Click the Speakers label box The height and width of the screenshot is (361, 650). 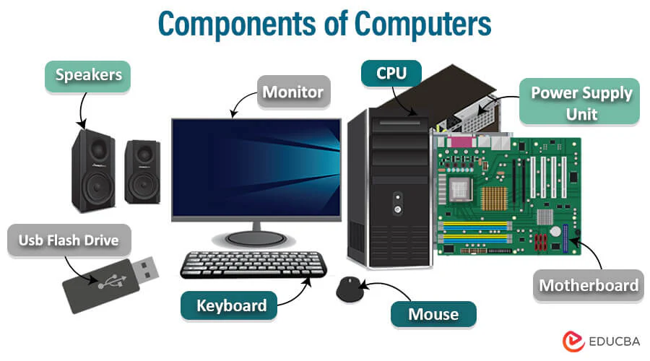(x=87, y=77)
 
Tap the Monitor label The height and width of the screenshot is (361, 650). (x=293, y=92)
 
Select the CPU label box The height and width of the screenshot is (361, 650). (x=391, y=74)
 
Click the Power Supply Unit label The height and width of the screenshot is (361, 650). (x=579, y=102)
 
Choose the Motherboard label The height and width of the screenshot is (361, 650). (x=588, y=285)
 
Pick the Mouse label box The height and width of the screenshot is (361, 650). (x=433, y=314)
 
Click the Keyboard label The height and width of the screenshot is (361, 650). (x=229, y=305)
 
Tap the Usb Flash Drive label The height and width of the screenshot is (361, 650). (x=69, y=240)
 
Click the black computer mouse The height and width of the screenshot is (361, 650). (x=350, y=289)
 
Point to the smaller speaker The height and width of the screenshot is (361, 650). (x=142, y=172)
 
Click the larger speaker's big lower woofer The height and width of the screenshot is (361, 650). (x=97, y=187)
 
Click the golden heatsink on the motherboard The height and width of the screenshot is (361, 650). (x=494, y=198)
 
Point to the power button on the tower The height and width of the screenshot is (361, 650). (x=397, y=209)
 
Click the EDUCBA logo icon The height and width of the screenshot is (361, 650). (x=573, y=341)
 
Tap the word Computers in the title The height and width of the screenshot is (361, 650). (x=422, y=24)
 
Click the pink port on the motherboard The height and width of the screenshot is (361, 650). (x=461, y=142)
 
